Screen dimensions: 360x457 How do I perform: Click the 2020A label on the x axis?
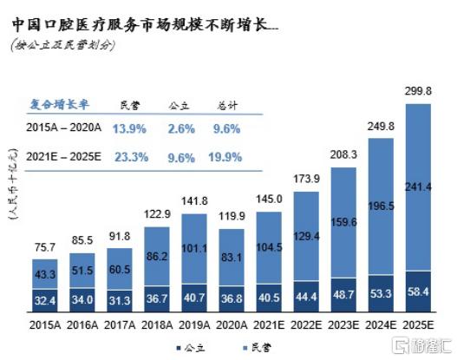click(236, 324)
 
